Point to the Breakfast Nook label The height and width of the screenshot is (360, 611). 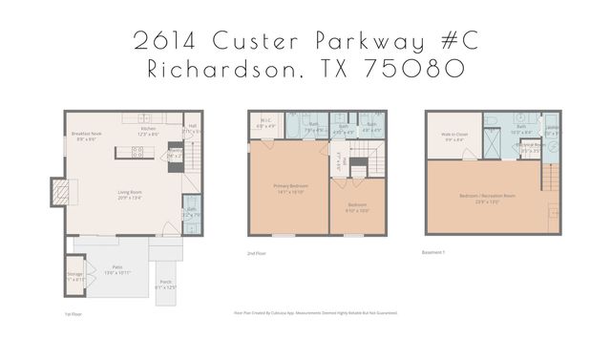pos(87,135)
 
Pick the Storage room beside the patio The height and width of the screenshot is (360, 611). pos(75,276)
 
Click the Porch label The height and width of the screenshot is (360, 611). pos(164,284)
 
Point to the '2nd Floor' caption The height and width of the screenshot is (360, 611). pos(256,254)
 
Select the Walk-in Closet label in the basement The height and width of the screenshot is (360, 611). pos(453,137)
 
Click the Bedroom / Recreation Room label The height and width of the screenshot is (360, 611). pos(487,198)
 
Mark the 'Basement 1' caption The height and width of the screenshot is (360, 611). pos(434,253)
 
